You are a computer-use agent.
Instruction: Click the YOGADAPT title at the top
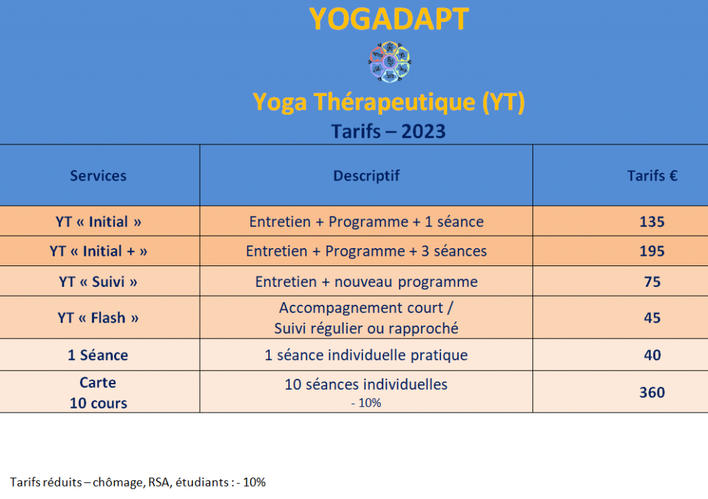(x=389, y=19)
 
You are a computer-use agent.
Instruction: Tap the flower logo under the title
(x=389, y=62)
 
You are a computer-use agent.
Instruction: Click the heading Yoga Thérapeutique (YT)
(x=389, y=102)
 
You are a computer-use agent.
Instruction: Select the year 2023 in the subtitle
(x=423, y=132)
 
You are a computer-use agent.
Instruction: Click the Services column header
(x=98, y=176)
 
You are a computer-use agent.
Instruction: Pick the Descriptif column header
(x=366, y=176)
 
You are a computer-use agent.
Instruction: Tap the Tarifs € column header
(x=652, y=176)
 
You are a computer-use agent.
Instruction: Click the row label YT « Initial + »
(x=98, y=251)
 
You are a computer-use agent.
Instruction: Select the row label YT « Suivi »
(x=98, y=281)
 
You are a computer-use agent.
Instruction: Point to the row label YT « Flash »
(x=98, y=318)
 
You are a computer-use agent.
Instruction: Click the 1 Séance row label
(x=98, y=355)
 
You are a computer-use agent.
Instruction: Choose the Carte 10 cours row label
(x=98, y=393)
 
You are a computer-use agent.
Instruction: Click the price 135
(x=652, y=222)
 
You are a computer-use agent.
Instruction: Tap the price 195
(x=652, y=251)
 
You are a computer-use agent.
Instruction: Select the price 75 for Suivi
(x=652, y=281)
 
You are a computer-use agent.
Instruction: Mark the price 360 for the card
(x=652, y=393)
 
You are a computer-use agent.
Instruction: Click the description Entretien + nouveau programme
(x=366, y=281)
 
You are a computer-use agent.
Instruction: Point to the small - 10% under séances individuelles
(x=366, y=403)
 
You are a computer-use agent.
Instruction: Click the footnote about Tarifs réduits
(x=138, y=482)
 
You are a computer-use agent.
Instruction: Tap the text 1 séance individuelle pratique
(x=366, y=355)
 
